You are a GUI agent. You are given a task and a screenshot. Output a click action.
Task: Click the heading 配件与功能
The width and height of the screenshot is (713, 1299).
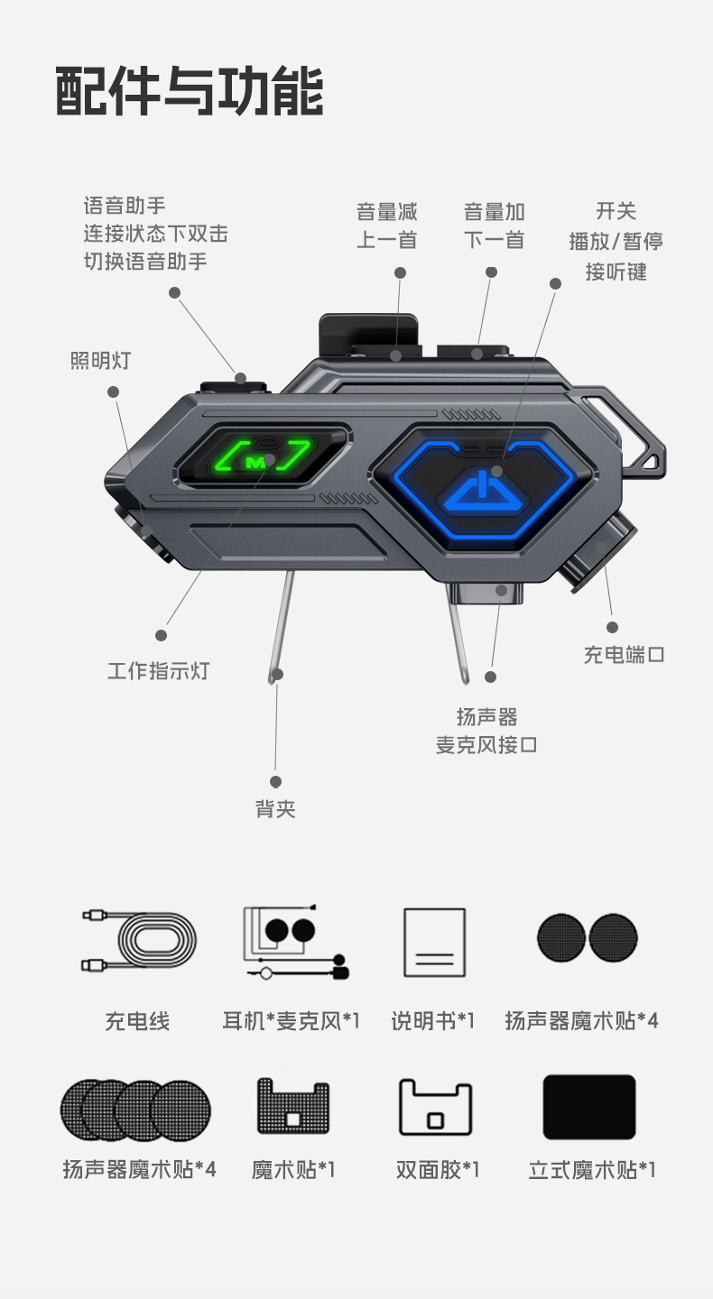(189, 92)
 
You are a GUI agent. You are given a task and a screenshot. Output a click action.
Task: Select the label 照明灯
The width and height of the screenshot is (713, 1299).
(100, 361)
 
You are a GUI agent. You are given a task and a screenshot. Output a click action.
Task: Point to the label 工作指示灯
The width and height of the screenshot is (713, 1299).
(158, 671)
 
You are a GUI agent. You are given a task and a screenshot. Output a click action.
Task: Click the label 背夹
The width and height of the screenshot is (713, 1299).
(275, 809)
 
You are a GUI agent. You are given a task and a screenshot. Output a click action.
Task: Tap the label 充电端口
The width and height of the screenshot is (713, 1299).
(625, 655)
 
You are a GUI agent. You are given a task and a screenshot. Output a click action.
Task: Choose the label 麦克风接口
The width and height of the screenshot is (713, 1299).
(486, 745)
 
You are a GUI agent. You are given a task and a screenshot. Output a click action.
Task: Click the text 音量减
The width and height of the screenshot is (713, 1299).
(387, 212)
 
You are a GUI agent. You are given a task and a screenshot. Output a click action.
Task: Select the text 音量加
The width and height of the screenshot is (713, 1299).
(494, 212)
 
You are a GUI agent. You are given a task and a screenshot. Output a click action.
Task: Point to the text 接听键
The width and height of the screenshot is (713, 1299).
(616, 272)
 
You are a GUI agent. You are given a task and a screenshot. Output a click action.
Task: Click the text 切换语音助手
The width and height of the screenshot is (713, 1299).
(145, 262)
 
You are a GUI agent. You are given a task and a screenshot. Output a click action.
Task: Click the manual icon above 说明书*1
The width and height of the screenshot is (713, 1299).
(434, 942)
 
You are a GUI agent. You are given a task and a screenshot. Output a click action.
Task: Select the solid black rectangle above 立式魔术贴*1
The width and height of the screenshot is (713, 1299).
(589, 1107)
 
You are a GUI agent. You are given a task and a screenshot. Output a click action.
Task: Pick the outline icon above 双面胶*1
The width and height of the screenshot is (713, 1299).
(436, 1107)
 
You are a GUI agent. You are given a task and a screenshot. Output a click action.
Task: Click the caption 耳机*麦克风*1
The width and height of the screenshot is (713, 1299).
(291, 1021)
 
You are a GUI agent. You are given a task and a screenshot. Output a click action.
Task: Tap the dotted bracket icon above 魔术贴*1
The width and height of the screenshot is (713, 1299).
(292, 1107)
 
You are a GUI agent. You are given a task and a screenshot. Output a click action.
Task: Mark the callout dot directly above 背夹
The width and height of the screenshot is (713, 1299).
(275, 782)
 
